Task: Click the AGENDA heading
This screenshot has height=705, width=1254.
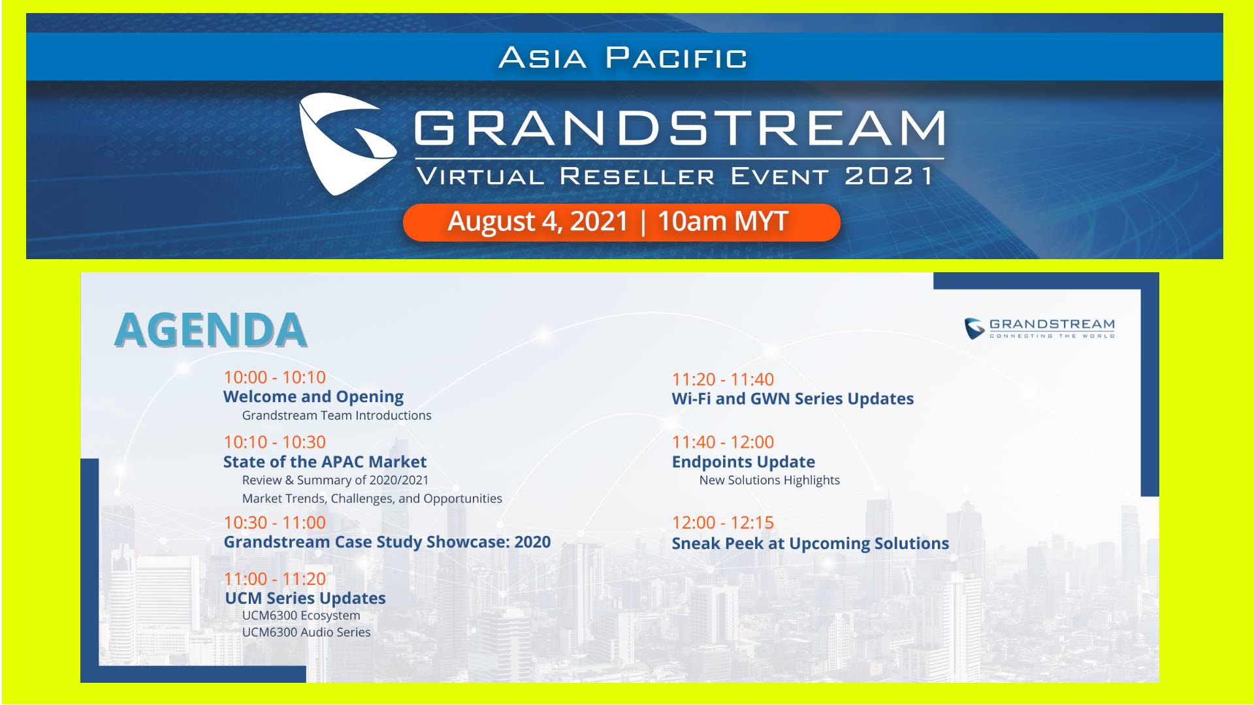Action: [x=210, y=330]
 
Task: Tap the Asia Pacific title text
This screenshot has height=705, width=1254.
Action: [x=623, y=57]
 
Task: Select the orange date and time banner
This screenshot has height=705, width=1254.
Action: [x=621, y=222]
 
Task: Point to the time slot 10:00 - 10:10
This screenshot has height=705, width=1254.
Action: [x=274, y=377]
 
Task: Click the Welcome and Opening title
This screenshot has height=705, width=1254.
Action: [x=313, y=397]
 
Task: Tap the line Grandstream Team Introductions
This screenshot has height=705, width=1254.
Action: [x=336, y=415]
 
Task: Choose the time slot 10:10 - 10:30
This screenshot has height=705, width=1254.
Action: [x=274, y=442]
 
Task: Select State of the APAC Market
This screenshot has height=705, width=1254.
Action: [x=325, y=462]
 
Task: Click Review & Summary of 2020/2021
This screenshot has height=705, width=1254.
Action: [x=335, y=480]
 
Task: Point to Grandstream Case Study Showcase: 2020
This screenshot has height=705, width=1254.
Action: [x=387, y=542]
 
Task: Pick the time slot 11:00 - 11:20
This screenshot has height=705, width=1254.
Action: [x=274, y=578]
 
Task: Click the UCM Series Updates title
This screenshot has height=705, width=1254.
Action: [x=305, y=598]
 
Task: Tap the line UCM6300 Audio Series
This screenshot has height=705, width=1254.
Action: [x=306, y=632]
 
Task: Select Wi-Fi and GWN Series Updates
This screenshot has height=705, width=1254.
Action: [x=793, y=398]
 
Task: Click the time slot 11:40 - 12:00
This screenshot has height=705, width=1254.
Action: [x=723, y=442]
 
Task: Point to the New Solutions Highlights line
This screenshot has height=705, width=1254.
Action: [x=769, y=480]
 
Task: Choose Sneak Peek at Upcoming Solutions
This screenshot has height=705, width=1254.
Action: [x=811, y=543]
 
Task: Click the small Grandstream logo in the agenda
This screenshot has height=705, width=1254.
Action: [x=1040, y=328]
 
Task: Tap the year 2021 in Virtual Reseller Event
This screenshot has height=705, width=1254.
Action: [x=888, y=176]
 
